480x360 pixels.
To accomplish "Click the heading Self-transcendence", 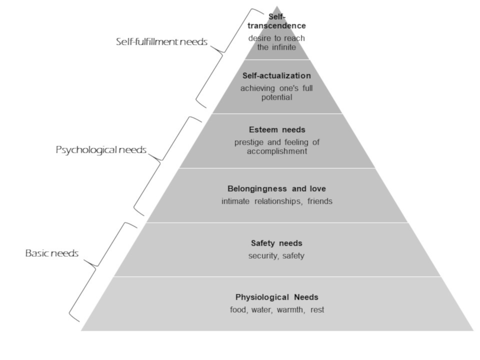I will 276,21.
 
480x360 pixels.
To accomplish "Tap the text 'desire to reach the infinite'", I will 276,43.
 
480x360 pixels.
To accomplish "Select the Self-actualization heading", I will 276,76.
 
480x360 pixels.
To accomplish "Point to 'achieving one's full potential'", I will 276,93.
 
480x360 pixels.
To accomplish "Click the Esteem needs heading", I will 277,130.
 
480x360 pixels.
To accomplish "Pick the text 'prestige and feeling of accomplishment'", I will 277,147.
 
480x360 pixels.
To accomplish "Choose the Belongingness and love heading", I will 276,189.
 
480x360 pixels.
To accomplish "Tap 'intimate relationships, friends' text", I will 277,201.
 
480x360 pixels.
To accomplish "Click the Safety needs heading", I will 276,243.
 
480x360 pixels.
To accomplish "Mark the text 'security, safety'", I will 276,256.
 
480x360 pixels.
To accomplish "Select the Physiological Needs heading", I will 277,297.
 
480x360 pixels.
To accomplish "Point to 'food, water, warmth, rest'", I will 277,310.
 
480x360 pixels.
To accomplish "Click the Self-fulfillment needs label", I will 162,42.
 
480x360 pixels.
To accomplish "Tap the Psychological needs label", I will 101,150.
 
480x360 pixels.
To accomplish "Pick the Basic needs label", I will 52,253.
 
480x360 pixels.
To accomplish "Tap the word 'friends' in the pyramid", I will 320,201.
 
